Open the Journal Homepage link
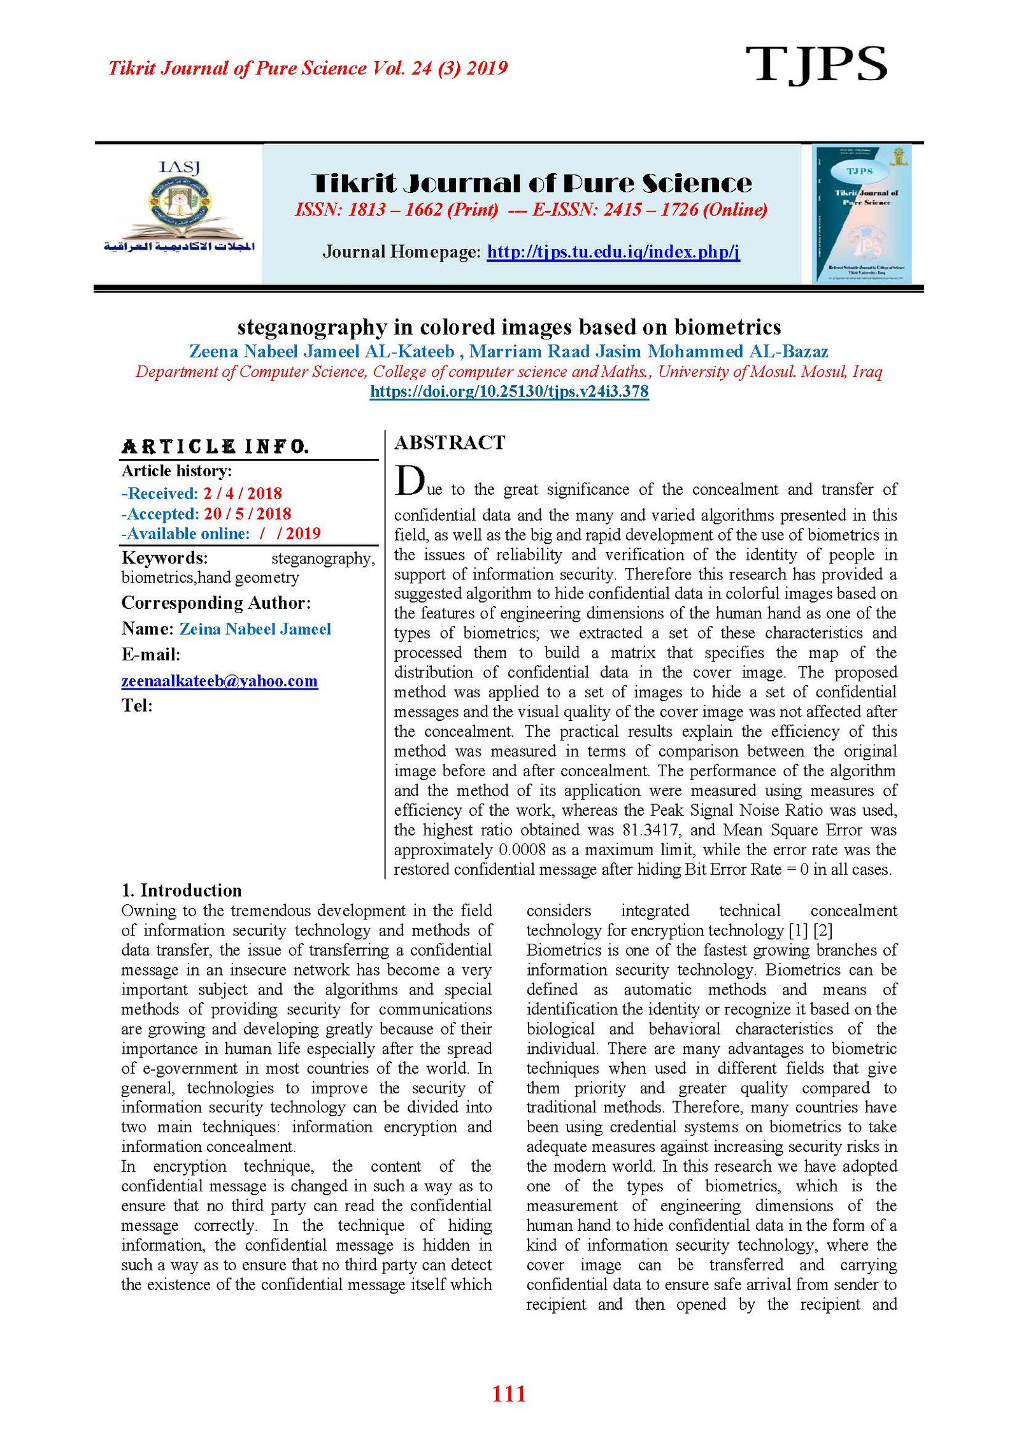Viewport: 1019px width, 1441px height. (x=613, y=252)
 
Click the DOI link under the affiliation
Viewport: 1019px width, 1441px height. (x=509, y=391)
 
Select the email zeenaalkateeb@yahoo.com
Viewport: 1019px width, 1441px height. (x=219, y=681)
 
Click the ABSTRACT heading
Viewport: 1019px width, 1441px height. (x=450, y=443)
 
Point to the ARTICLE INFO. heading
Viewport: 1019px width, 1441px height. (x=215, y=446)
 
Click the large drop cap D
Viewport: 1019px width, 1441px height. (x=409, y=481)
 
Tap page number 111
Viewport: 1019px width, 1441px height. (x=509, y=1394)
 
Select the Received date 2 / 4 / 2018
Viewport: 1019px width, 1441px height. (x=242, y=493)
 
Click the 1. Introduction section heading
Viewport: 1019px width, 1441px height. (x=182, y=890)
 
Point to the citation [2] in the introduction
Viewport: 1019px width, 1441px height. (x=823, y=930)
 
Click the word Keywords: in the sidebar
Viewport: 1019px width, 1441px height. (x=164, y=558)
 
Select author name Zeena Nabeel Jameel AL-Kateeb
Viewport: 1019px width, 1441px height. (x=322, y=351)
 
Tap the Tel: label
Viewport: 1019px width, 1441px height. (x=137, y=706)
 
